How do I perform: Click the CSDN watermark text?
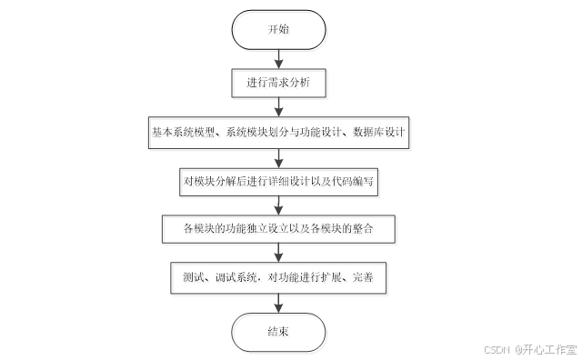pos(496,349)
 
